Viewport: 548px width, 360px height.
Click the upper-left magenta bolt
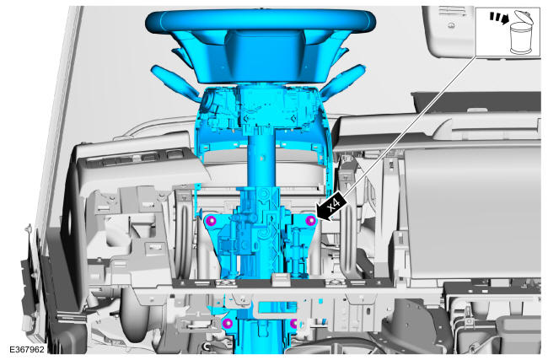coord(212,221)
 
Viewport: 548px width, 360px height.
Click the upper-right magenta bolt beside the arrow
coord(310,221)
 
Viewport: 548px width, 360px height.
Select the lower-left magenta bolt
coord(228,323)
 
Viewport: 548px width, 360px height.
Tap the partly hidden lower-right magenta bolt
coord(293,324)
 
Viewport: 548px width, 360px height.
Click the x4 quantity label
coord(335,204)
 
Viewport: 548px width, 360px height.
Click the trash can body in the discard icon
coord(521,39)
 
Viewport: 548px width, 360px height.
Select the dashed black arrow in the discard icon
coord(499,18)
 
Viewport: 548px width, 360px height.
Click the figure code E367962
coord(27,349)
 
